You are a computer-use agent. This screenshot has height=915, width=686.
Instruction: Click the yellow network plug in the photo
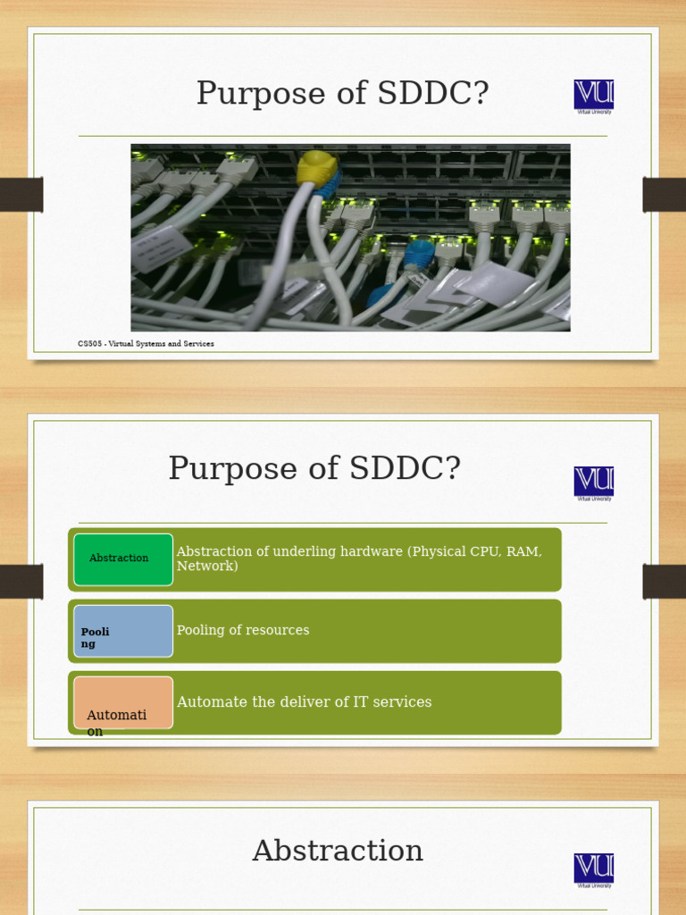317,167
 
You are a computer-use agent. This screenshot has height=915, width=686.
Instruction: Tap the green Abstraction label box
123,559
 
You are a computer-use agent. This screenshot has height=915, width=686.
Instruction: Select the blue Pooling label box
123,631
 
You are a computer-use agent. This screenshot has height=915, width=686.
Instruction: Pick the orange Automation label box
123,702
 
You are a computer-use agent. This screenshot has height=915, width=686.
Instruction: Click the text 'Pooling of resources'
243,631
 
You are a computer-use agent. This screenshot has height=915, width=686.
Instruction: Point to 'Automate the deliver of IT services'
304,702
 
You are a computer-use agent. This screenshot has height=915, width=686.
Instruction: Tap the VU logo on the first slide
594,95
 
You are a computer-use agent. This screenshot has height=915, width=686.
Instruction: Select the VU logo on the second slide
594,482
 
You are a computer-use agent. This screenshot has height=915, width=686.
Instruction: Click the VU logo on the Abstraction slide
594,869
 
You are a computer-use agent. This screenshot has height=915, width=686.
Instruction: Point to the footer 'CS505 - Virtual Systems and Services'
146,344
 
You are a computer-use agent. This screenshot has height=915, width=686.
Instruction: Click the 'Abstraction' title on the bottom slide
338,852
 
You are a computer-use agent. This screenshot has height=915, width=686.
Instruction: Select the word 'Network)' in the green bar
207,567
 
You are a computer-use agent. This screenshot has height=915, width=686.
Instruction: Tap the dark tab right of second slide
665,582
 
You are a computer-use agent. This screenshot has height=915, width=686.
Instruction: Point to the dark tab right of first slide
665,195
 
